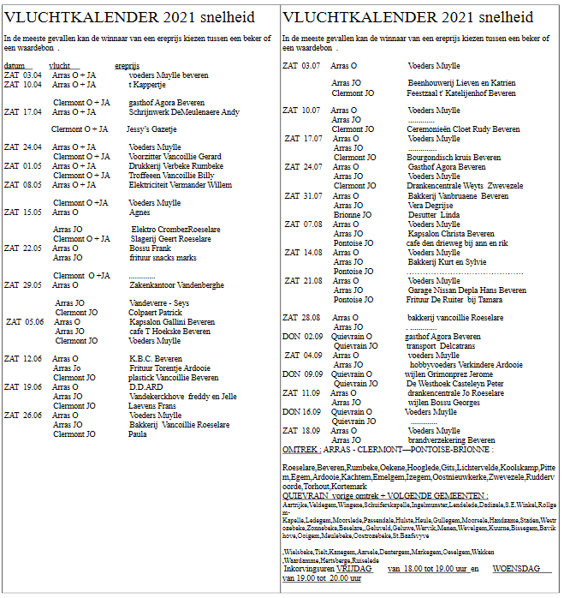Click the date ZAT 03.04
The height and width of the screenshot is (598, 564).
click(22, 75)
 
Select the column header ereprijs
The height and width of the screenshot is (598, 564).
click(127, 65)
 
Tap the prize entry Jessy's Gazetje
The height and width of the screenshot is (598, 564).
click(151, 129)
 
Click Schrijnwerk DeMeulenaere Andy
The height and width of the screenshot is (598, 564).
click(184, 111)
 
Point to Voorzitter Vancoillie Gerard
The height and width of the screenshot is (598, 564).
click(175, 156)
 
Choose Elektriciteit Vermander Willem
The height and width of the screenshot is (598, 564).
click(180, 184)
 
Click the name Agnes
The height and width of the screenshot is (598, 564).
click(139, 212)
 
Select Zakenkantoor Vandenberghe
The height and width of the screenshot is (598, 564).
click(176, 284)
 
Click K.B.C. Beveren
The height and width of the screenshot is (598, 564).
click(155, 359)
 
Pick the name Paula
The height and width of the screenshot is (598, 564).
click(137, 434)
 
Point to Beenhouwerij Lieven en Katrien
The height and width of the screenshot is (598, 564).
click(461, 83)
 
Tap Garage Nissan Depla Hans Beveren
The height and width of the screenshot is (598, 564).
click(466, 290)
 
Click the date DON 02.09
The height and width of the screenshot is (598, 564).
click(303, 336)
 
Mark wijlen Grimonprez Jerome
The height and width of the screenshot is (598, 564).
click(448, 374)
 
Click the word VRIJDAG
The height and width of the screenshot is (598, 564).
click(353, 569)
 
